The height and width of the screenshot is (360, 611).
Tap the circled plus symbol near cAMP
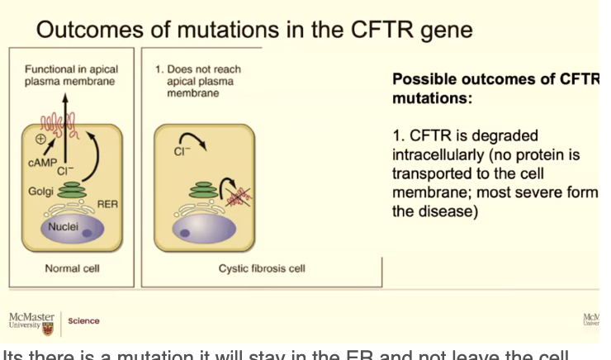(40, 140)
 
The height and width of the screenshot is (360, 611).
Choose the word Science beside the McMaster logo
(84, 320)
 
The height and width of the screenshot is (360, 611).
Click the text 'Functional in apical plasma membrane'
(69, 75)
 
